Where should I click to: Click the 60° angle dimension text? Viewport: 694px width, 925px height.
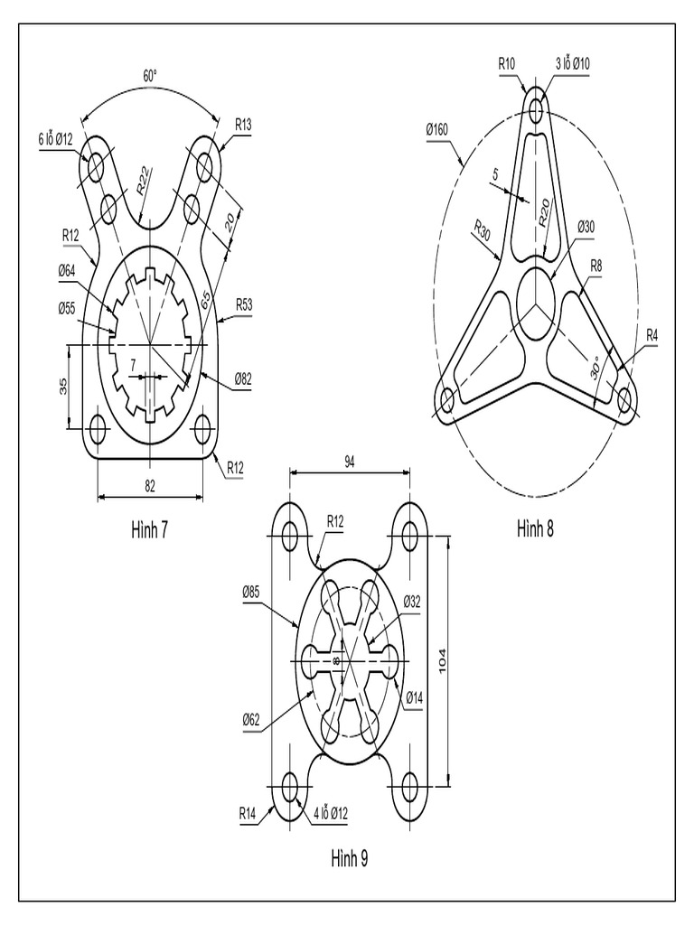click(149, 77)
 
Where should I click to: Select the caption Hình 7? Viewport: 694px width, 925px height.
click(149, 531)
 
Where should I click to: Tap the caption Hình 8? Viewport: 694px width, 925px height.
click(535, 528)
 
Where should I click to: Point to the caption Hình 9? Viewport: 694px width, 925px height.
click(349, 858)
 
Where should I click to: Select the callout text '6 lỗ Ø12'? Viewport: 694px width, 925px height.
click(55, 138)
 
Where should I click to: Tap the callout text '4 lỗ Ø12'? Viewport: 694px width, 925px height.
click(331, 813)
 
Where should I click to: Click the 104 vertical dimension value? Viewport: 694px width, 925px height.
click(468, 662)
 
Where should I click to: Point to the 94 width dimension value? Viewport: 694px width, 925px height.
click(349, 460)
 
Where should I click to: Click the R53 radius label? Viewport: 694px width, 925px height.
click(244, 304)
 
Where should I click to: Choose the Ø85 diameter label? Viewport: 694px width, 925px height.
click(251, 592)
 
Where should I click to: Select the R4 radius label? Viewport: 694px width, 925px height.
click(652, 335)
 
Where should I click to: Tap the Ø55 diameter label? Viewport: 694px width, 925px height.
click(67, 308)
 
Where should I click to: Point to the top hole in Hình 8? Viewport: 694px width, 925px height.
click(537, 109)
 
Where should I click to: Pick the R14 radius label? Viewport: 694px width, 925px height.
click(248, 813)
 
